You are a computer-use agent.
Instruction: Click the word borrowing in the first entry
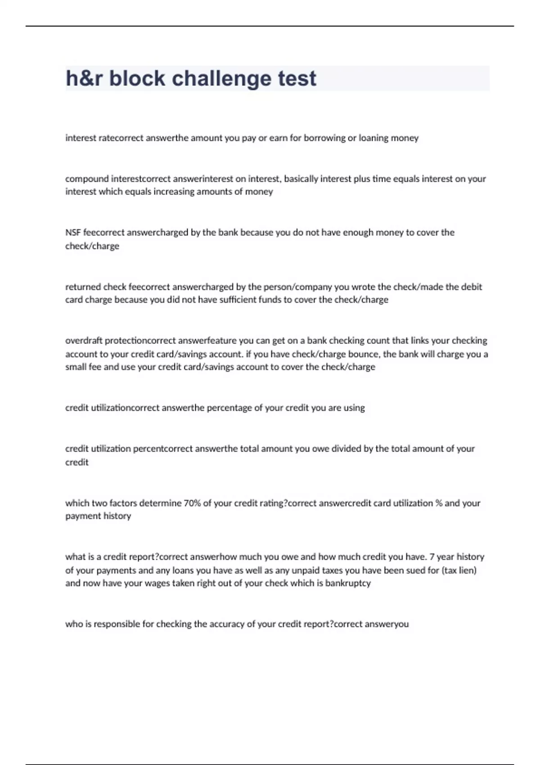click(324, 138)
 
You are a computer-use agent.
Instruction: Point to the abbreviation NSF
click(73, 233)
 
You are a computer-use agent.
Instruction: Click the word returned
click(83, 287)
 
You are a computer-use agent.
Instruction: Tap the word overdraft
click(84, 341)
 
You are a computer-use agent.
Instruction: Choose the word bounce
click(363, 354)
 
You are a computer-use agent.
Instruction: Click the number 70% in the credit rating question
click(192, 503)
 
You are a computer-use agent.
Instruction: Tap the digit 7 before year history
click(432, 557)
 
